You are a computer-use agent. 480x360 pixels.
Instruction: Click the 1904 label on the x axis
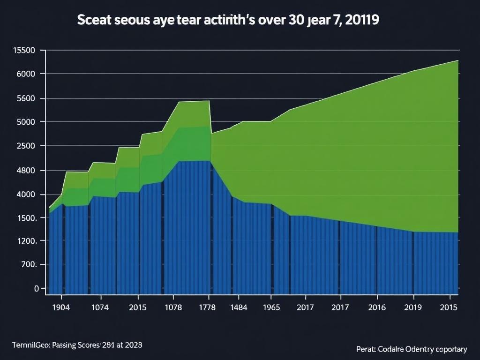point(60,307)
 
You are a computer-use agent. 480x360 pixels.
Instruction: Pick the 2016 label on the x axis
point(377,307)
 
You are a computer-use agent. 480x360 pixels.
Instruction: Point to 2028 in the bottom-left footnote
point(133,345)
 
